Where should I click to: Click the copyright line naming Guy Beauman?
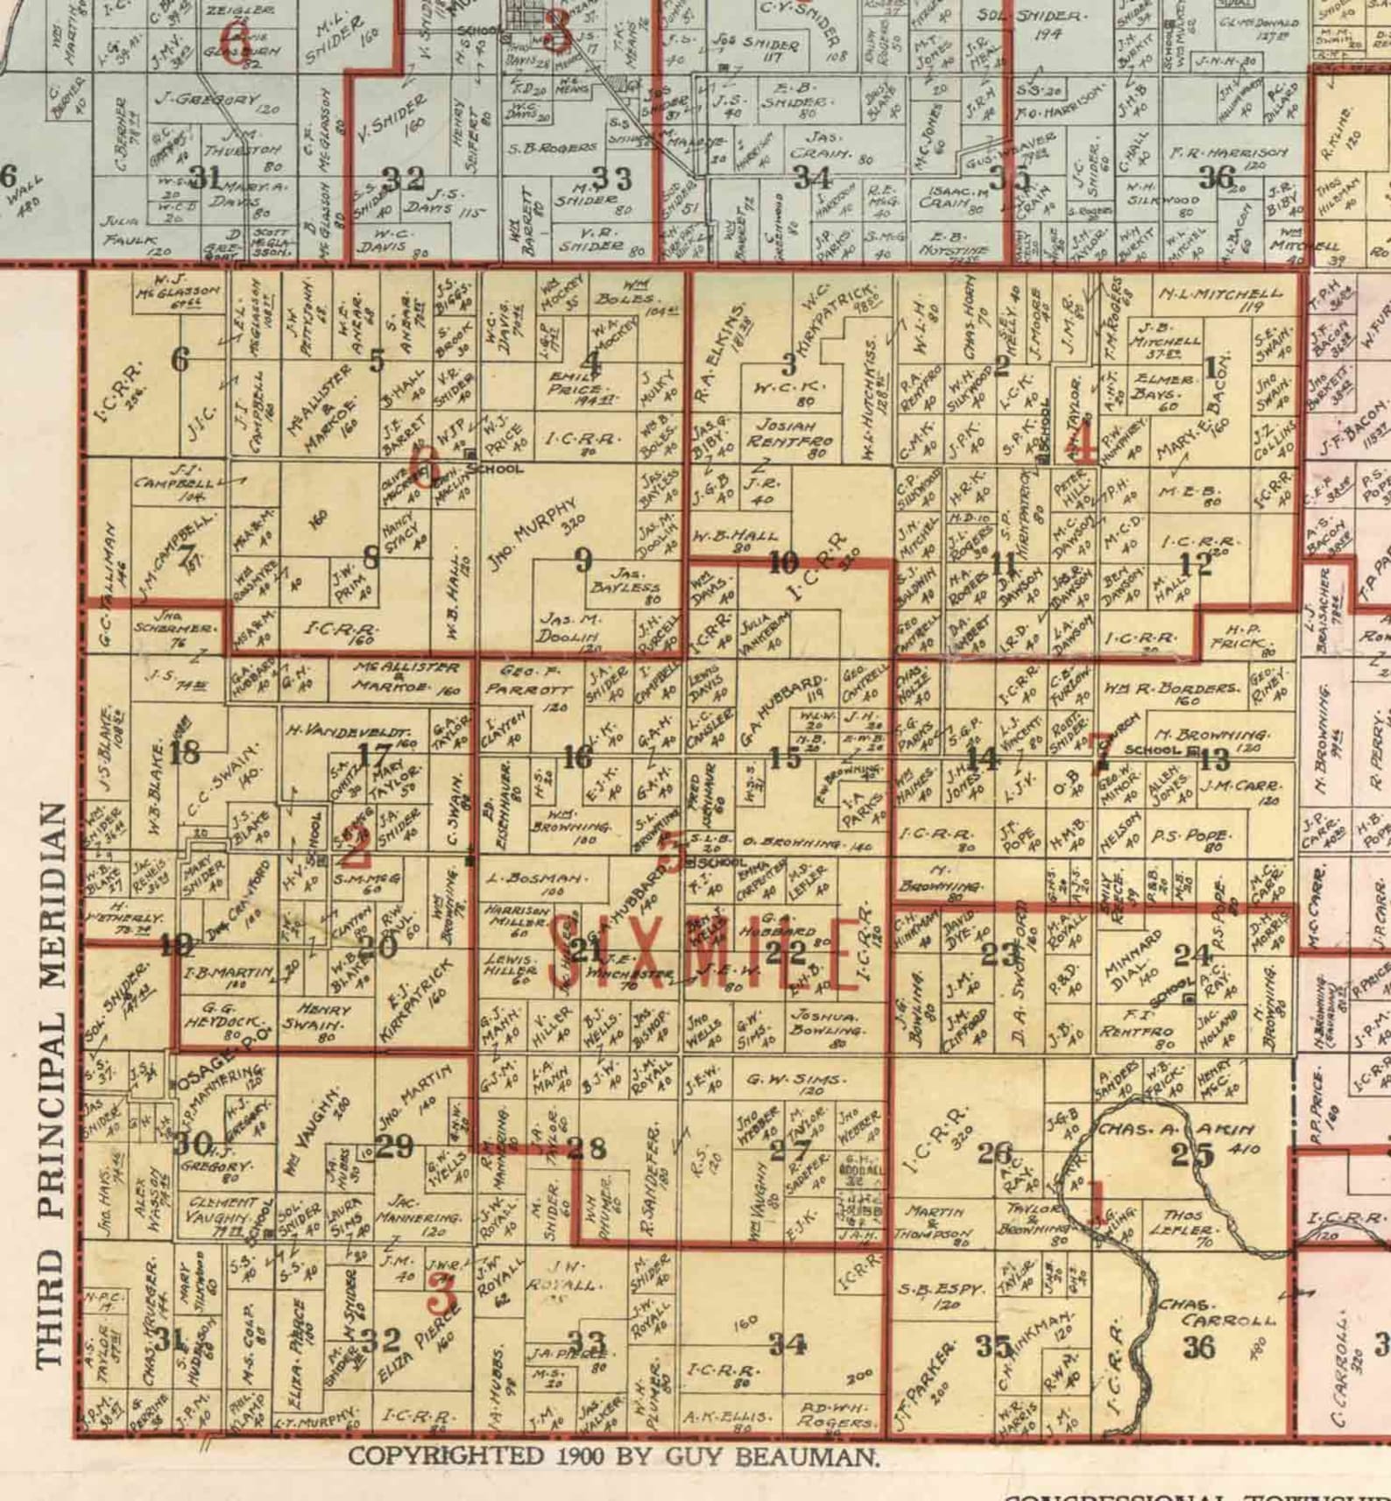pyautogui.click(x=614, y=1457)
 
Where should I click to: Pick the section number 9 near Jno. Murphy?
pyautogui.click(x=583, y=560)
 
